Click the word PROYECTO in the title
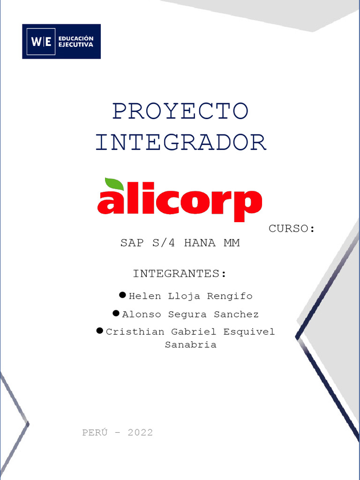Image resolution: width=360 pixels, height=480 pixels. (x=180, y=111)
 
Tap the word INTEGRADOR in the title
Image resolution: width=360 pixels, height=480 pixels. (x=181, y=142)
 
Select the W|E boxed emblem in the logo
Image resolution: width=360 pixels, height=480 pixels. (x=41, y=42)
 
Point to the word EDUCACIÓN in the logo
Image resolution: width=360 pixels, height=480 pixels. (x=75, y=38)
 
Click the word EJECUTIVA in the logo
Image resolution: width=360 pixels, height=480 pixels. (x=75, y=45)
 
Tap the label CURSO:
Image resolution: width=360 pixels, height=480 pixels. (x=291, y=229)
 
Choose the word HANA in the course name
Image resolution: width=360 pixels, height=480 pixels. (x=200, y=243)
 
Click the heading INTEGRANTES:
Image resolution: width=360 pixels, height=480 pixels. (x=180, y=274)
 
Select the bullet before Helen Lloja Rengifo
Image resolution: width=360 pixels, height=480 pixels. (x=122, y=295)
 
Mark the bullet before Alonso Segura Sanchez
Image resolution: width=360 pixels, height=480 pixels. (x=116, y=313)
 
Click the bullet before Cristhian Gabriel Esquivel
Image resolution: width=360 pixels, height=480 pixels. (x=99, y=331)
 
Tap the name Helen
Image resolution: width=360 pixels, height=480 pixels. (x=145, y=296)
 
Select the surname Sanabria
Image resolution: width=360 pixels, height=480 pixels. (x=190, y=345)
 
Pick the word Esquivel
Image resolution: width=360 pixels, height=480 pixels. (x=249, y=332)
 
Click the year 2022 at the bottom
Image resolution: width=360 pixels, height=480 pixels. (x=140, y=433)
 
